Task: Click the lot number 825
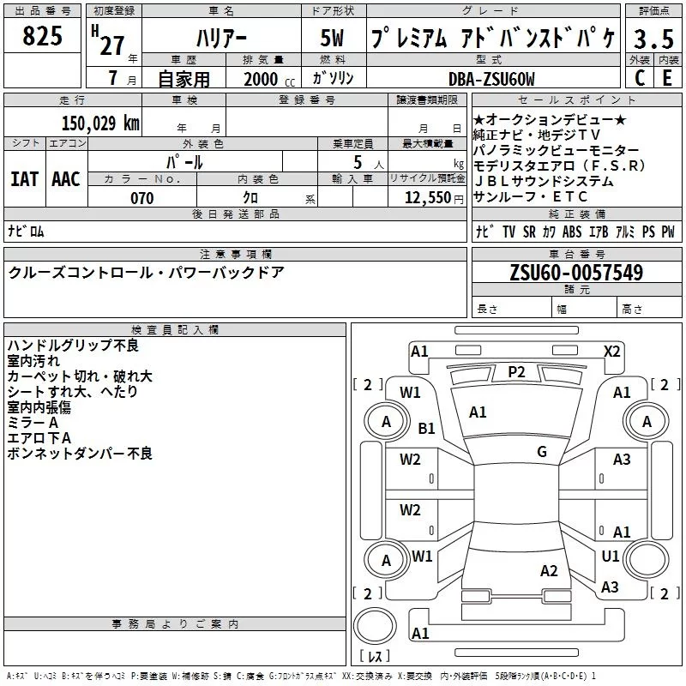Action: pyautogui.click(x=42, y=38)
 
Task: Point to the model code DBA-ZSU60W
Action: pyautogui.click(x=491, y=80)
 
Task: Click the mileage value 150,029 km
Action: pyautogui.click(x=100, y=123)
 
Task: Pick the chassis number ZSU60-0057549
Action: pyautogui.click(x=576, y=273)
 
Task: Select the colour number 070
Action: pyautogui.click(x=141, y=198)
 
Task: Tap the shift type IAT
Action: pyautogui.click(x=25, y=178)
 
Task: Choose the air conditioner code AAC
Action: pyautogui.click(x=65, y=178)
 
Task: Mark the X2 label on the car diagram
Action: pyautogui.click(x=611, y=351)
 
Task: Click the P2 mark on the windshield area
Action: pyautogui.click(x=515, y=371)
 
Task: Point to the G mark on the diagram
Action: pyautogui.click(x=542, y=452)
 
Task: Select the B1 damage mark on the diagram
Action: pyautogui.click(x=426, y=428)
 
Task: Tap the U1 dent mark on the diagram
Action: pyautogui.click(x=610, y=557)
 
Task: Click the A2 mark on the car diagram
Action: pyautogui.click(x=549, y=571)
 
